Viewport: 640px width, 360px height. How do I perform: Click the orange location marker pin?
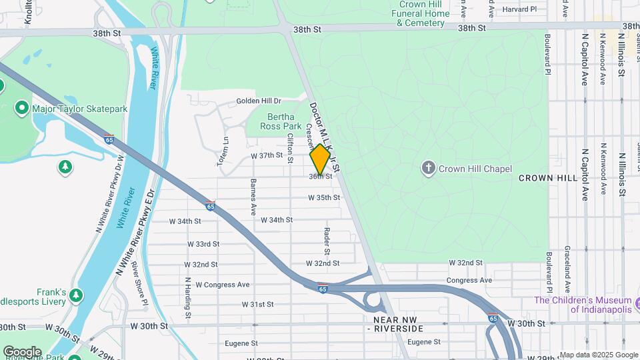click(321, 159)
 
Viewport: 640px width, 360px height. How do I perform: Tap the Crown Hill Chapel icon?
click(429, 169)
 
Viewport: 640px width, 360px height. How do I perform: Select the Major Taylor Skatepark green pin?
click(22, 108)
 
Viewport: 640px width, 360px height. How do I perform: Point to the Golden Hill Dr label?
click(259, 101)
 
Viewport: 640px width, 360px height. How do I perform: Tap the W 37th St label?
click(267, 155)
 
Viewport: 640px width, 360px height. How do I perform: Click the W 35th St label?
click(324, 198)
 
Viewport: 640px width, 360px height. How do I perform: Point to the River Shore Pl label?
click(140, 285)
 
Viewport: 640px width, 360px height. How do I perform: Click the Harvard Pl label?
click(519, 9)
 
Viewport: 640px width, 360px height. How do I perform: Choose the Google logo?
click(22, 352)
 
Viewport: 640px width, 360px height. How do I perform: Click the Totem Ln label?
click(225, 151)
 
